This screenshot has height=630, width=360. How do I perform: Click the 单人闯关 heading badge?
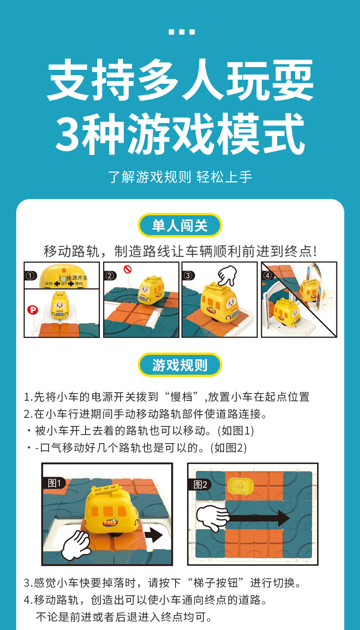(180, 225)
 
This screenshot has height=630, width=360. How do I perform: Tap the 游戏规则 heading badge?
(180, 365)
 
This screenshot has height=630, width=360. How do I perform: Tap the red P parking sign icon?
(32, 309)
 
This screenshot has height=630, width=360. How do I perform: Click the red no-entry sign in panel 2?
(127, 270)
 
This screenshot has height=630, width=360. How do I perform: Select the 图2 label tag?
(200, 485)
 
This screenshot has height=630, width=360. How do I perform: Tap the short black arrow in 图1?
(153, 535)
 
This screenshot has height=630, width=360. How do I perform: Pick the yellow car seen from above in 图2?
(241, 485)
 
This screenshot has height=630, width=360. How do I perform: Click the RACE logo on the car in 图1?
(109, 523)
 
